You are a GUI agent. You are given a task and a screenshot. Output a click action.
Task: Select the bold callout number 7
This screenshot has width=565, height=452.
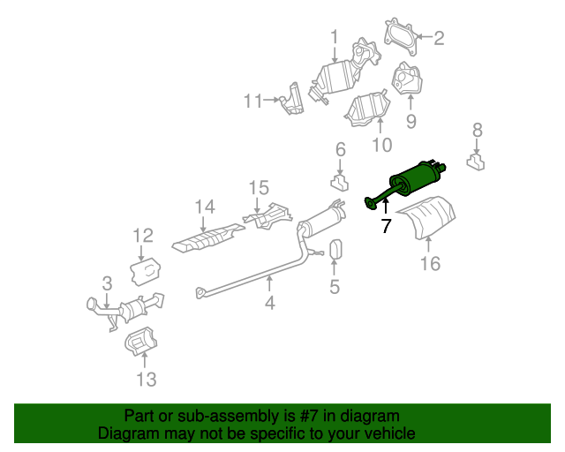tap(385, 226)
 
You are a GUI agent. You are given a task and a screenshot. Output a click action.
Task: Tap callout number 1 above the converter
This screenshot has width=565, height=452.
tap(335, 36)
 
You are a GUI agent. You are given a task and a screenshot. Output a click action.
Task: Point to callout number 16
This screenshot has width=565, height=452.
tap(429, 262)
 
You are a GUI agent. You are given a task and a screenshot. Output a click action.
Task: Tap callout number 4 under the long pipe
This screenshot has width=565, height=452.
tap(270, 304)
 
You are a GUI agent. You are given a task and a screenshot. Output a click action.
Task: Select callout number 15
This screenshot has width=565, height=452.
tap(258, 187)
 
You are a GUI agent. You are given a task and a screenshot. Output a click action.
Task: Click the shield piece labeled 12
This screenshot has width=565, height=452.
tap(144, 270)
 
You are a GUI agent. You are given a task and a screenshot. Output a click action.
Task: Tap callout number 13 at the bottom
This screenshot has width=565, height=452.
tap(146, 380)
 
